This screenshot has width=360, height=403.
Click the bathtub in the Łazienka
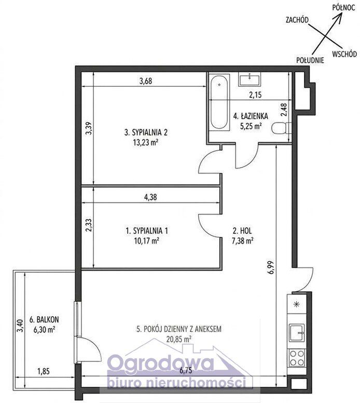tap(219, 102)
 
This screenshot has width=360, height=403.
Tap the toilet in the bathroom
tap(281, 128)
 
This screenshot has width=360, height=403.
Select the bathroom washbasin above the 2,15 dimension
tap(250, 79)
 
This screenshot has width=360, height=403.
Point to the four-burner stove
tap(297, 358)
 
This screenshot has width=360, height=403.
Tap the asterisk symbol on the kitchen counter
tap(297, 304)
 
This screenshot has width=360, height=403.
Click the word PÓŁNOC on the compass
tap(343, 7)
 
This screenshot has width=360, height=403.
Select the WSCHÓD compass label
tap(344, 54)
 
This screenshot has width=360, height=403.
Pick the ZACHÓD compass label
tap(297, 20)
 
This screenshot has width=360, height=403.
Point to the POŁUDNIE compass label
tap(310, 60)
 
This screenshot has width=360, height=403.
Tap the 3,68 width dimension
tap(146, 81)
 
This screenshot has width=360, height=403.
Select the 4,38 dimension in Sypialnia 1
tap(150, 197)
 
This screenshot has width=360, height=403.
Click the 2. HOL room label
tap(243, 231)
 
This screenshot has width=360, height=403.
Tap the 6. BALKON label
tap(44, 319)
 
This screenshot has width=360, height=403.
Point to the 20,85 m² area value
tap(179, 339)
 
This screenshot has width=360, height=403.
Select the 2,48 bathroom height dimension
tap(284, 110)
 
